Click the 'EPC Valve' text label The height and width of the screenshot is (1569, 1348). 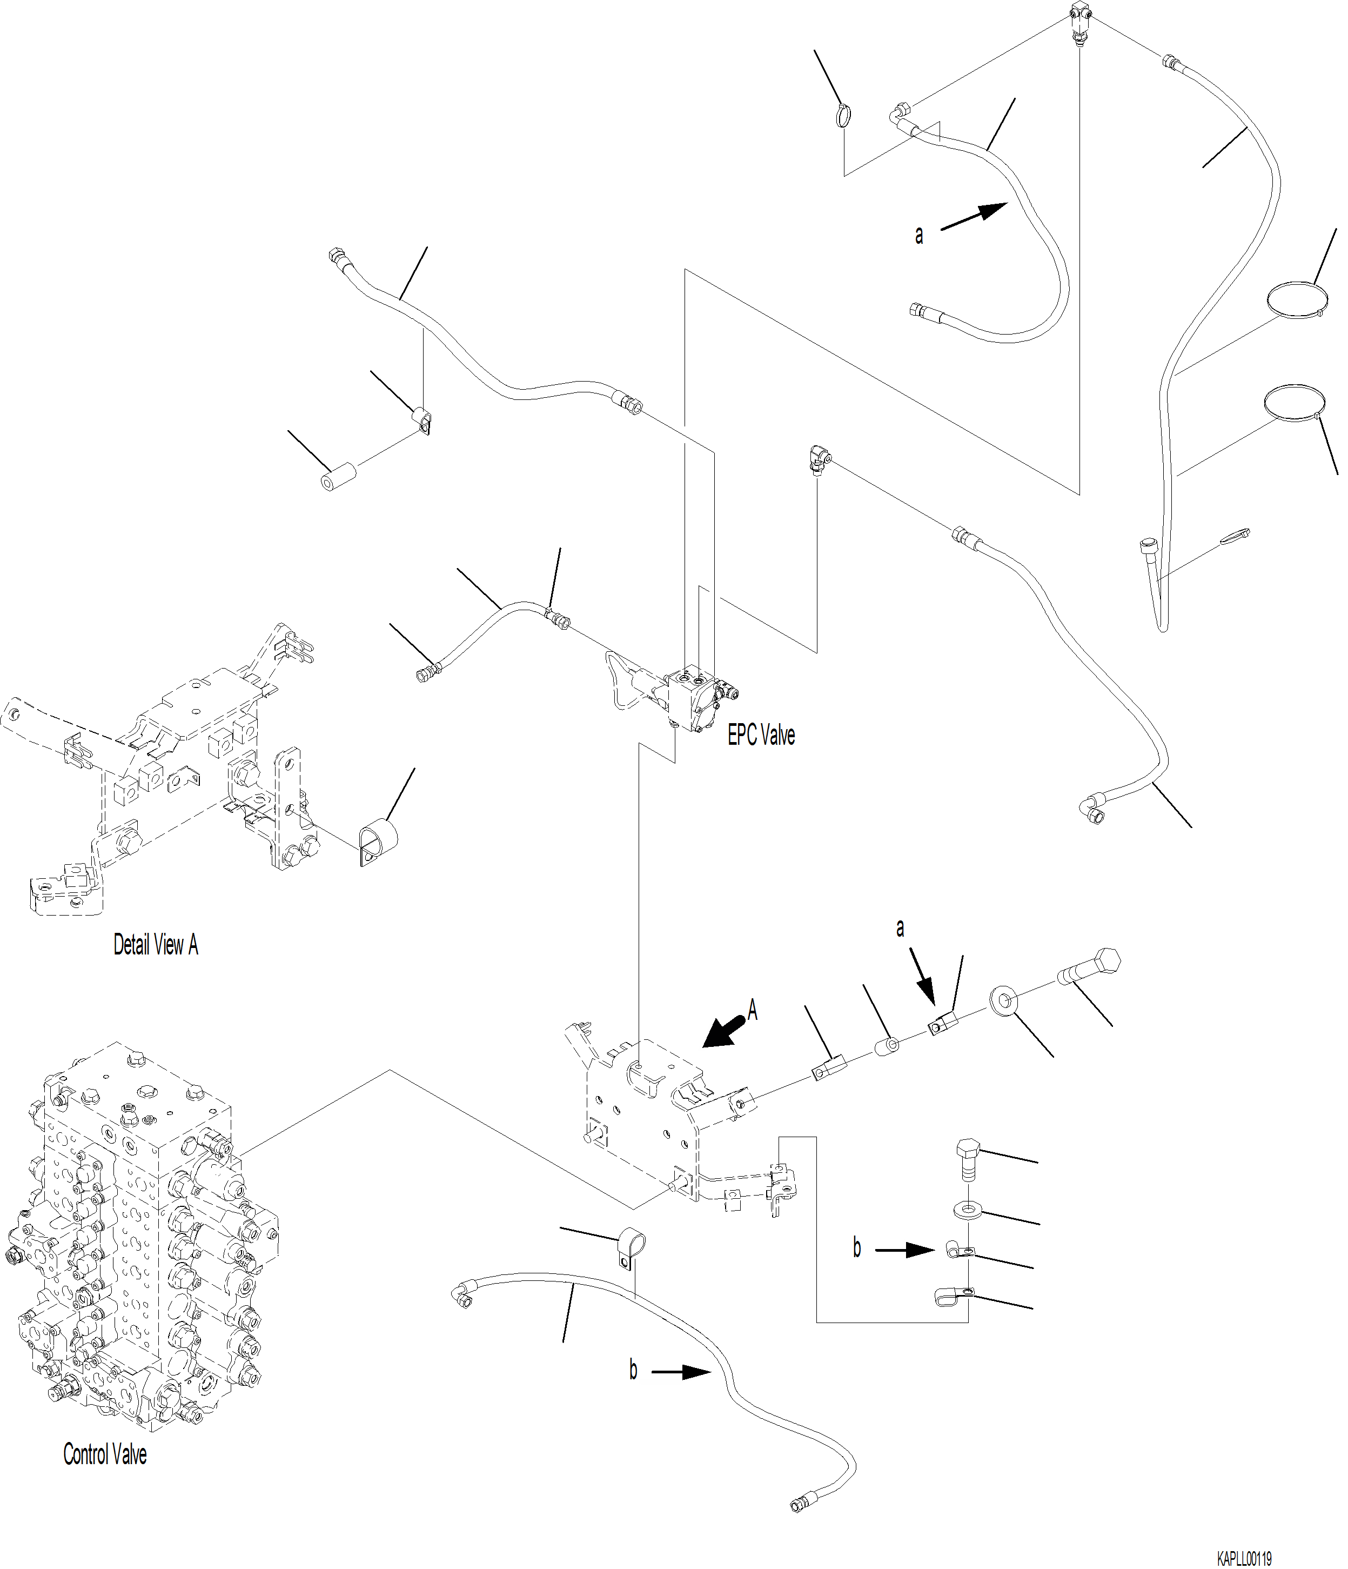pyautogui.click(x=761, y=735)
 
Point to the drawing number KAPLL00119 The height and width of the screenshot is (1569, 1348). pyautogui.click(x=1244, y=1559)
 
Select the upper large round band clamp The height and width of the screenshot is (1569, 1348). pyautogui.click(x=1296, y=298)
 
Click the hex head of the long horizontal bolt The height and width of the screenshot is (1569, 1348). pyautogui.click(x=1106, y=961)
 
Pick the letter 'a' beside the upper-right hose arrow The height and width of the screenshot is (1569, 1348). pyautogui.click(x=919, y=236)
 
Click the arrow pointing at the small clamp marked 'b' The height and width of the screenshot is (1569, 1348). pyautogui.click(x=906, y=1250)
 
